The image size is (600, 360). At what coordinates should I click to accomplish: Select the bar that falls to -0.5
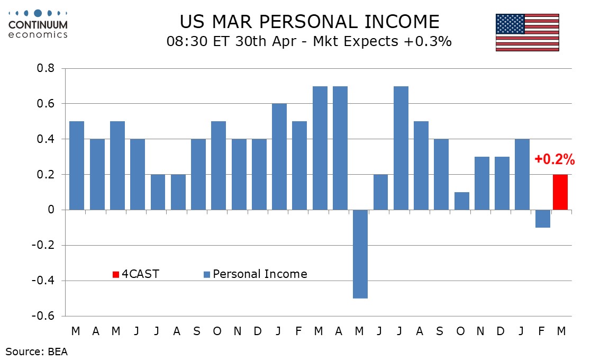pos(360,254)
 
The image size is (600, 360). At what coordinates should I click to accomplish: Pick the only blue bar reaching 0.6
pos(279,157)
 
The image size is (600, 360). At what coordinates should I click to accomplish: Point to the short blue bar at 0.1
pos(462,201)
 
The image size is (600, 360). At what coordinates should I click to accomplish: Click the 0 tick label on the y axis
pos(52,210)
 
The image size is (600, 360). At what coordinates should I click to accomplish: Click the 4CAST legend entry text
pos(140,274)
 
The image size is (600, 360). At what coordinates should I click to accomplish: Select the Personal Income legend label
pos(260,274)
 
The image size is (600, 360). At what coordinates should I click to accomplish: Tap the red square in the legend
pos(116,274)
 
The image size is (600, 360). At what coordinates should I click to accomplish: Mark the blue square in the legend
pos(207,274)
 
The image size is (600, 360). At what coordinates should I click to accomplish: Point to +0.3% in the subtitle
pos(429,41)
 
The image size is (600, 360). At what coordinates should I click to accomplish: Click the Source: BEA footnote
pos(37,350)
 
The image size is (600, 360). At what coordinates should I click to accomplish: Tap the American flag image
pos(527,32)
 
